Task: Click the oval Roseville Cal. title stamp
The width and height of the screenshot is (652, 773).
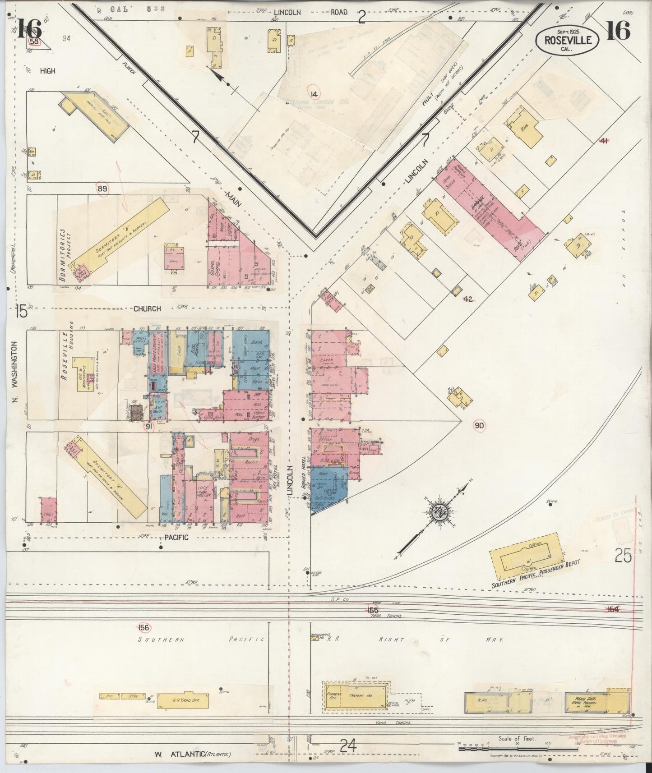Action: pyautogui.click(x=567, y=41)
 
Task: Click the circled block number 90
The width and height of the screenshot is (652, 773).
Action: pyautogui.click(x=479, y=425)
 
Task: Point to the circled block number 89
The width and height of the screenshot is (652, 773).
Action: pyautogui.click(x=102, y=189)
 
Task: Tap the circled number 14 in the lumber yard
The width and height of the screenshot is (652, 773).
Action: pyautogui.click(x=314, y=94)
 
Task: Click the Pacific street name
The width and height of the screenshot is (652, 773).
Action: pyautogui.click(x=176, y=538)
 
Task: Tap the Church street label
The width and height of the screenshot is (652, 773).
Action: pyautogui.click(x=147, y=309)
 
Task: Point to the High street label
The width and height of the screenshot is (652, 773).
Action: pyautogui.click(x=47, y=71)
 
